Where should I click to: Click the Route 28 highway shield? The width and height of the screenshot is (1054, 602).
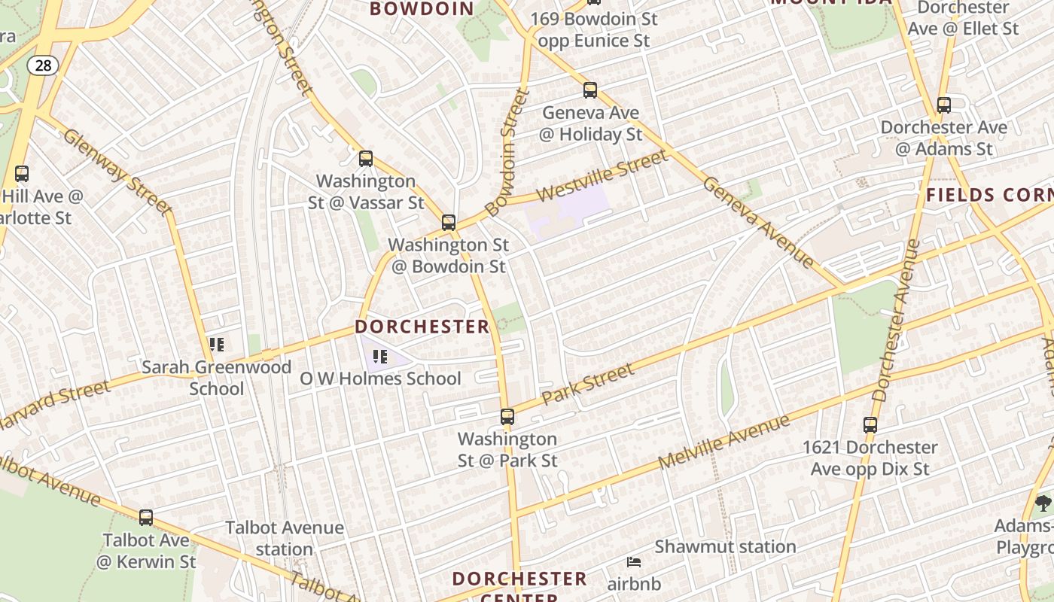coord(43,65)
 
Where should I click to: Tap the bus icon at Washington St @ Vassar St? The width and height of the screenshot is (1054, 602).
coord(366,159)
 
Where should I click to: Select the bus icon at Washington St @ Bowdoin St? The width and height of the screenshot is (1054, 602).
coord(449,223)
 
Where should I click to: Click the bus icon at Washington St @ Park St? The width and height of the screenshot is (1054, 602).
coord(507,417)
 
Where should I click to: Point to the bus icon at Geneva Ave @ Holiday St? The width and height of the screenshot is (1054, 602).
coord(590,90)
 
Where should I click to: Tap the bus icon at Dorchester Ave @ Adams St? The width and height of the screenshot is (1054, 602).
coord(944,105)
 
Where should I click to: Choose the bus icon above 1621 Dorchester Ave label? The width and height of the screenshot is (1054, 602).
coord(870,425)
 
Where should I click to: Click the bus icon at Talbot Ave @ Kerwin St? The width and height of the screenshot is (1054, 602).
coord(146,518)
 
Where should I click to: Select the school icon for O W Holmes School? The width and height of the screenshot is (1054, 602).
coord(380,356)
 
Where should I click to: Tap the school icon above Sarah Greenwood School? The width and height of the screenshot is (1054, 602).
coord(217,345)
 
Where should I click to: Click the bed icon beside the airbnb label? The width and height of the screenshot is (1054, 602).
coord(634,561)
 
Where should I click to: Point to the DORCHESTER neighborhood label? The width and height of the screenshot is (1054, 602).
coord(422,327)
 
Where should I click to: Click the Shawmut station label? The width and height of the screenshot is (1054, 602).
coord(725,547)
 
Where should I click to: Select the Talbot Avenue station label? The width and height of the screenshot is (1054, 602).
coord(285,539)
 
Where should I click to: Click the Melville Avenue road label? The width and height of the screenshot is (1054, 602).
coord(724,442)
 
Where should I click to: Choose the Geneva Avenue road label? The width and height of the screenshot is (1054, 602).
coord(759,222)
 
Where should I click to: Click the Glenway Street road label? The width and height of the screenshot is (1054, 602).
coord(118,171)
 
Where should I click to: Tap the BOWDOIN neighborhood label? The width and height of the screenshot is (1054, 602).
coord(422,9)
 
